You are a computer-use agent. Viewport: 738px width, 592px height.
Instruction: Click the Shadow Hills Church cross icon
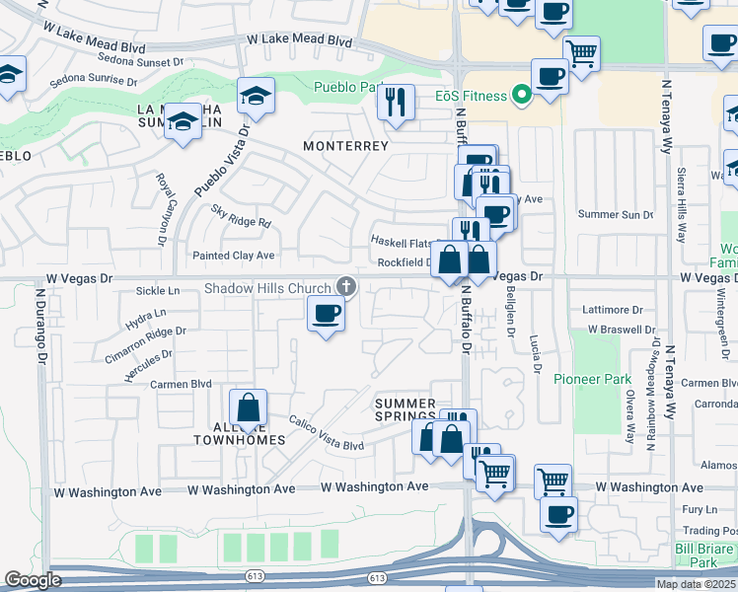coord(345,287)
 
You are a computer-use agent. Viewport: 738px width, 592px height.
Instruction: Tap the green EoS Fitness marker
coord(521,96)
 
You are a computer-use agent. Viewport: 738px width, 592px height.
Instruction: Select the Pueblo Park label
coord(347,88)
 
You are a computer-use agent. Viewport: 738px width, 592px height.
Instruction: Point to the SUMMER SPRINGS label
coord(406,410)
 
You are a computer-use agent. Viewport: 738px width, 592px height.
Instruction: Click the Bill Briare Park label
coord(703,555)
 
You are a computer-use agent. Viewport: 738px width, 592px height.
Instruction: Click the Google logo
coord(33,580)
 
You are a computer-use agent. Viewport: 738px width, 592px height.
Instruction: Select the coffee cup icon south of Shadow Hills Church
coord(326,315)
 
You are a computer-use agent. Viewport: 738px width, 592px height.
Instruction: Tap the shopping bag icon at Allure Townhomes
coord(249,407)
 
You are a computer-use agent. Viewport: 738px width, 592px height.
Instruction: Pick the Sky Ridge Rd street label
coord(241,216)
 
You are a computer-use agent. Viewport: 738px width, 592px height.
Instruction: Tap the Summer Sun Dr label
coord(615,214)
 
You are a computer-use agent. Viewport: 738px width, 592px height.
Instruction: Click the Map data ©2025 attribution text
coord(697,584)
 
